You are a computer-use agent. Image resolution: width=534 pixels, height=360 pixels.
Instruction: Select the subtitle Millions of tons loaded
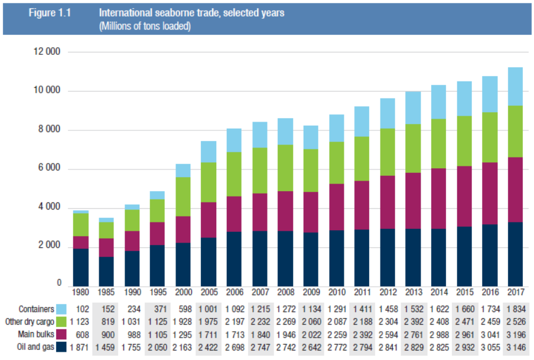click(x=145, y=27)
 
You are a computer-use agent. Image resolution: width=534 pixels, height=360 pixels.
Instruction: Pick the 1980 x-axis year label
click(x=80, y=292)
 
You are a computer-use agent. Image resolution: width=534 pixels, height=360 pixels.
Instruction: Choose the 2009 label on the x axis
click(x=311, y=292)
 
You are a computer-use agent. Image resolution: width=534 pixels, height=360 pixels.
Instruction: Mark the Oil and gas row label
click(x=33, y=347)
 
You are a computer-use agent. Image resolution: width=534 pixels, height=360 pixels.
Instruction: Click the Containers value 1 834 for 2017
click(x=516, y=309)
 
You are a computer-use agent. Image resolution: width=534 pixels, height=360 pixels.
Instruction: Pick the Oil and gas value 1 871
click(x=80, y=347)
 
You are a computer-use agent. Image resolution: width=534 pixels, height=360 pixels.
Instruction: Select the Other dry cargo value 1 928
click(x=183, y=322)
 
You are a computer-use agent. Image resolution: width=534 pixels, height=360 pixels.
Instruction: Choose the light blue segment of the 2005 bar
click(x=209, y=152)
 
